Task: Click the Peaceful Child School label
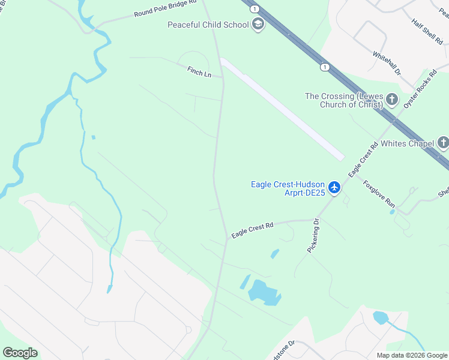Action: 208,25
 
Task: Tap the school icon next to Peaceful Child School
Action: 258,25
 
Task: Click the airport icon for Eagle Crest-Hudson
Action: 334,188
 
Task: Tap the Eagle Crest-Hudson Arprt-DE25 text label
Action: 288,188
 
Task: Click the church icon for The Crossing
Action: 392,100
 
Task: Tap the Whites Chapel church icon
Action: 443,143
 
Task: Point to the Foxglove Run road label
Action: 377,194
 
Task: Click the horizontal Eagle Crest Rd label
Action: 252,229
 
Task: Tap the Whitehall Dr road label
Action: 387,62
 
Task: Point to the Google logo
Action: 20,353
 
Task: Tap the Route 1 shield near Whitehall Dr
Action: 324,67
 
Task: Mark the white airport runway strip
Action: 282,108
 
